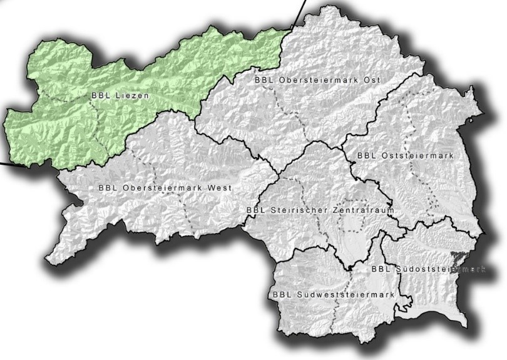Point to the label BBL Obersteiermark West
pos(165,188)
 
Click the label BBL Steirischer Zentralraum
pos(320,210)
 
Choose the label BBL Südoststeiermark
pos(428,269)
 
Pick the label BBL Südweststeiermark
pos(333,294)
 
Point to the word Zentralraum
pos(366,210)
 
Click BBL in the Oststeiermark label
pos(364,154)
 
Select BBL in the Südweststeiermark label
pos(281,294)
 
